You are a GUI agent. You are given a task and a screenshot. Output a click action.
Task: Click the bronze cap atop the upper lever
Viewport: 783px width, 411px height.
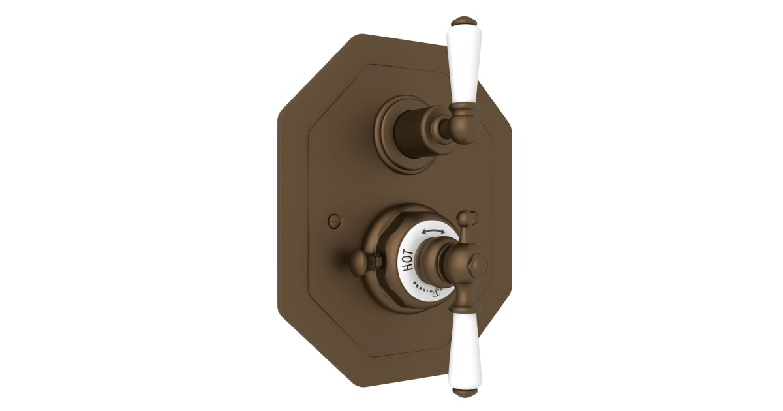[461, 21]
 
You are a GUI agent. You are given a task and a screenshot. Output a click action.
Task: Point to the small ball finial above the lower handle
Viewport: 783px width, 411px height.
[465, 216]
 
